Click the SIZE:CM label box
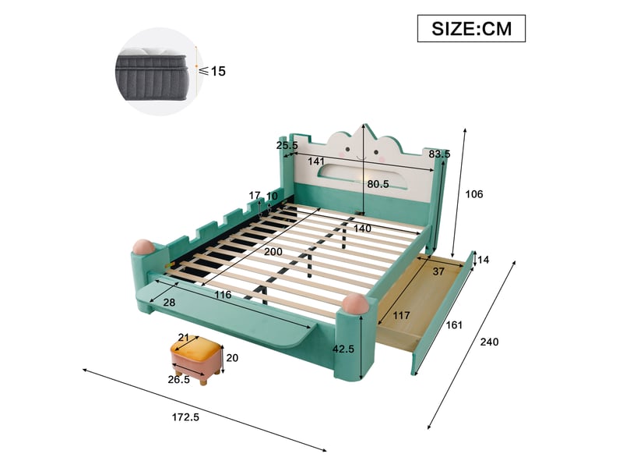[x=471, y=28]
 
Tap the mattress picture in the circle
[x=151, y=73]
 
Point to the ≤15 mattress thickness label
[x=213, y=71]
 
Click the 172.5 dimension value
[x=185, y=417]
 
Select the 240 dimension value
[x=489, y=342]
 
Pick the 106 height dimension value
[x=474, y=194]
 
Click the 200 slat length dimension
[x=273, y=251]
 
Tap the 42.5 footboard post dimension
[x=343, y=349]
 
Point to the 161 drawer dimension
[x=454, y=325]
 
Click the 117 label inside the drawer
[x=401, y=316]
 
